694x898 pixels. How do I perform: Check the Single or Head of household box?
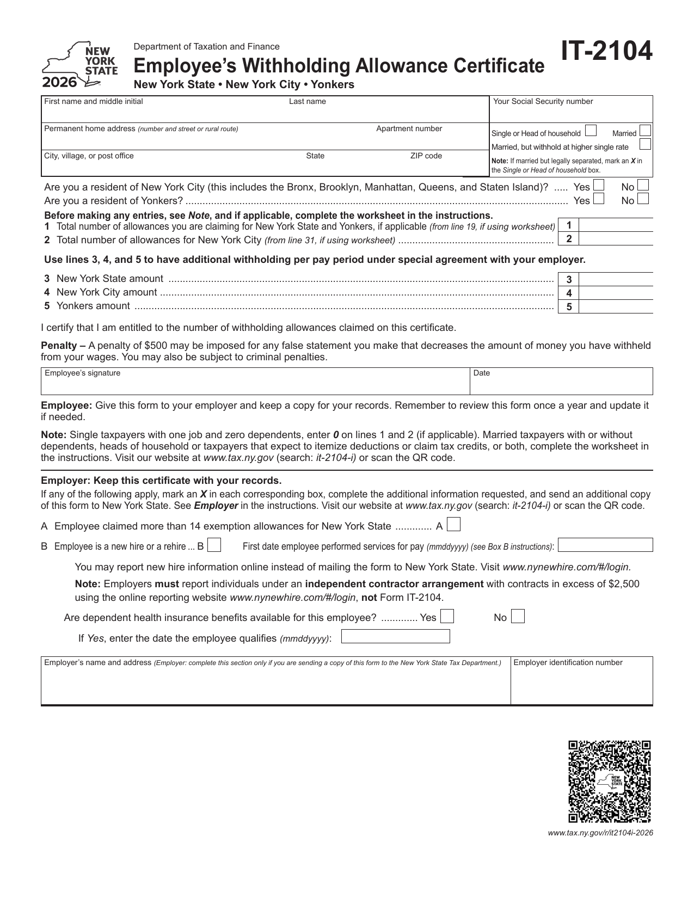pyautogui.click(x=591, y=131)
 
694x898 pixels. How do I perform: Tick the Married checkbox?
pyautogui.click(x=645, y=131)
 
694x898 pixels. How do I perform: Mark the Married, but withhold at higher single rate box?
pyautogui.click(x=645, y=145)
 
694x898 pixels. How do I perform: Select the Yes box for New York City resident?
pyautogui.click(x=599, y=186)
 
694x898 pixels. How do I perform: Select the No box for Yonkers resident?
pyautogui.click(x=643, y=199)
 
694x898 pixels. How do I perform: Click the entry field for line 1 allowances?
pyautogui.click(x=616, y=225)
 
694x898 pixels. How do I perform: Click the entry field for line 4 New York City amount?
pyautogui.click(x=616, y=293)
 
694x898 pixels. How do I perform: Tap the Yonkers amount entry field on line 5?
pyautogui.click(x=616, y=306)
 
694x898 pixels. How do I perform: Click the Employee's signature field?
pyautogui.click(x=255, y=384)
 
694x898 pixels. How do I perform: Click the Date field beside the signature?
pyautogui.click(x=561, y=384)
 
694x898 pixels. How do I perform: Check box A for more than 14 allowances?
pyautogui.click(x=455, y=525)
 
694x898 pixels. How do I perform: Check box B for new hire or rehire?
pyautogui.click(x=214, y=545)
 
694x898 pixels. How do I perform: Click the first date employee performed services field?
pyautogui.click(x=605, y=545)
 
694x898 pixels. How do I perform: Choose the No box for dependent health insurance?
pyautogui.click(x=518, y=617)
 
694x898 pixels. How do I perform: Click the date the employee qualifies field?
pyautogui.click(x=396, y=636)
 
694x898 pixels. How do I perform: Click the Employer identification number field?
pyautogui.click(x=581, y=685)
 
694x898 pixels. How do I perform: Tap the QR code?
pyautogui.click(x=610, y=782)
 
